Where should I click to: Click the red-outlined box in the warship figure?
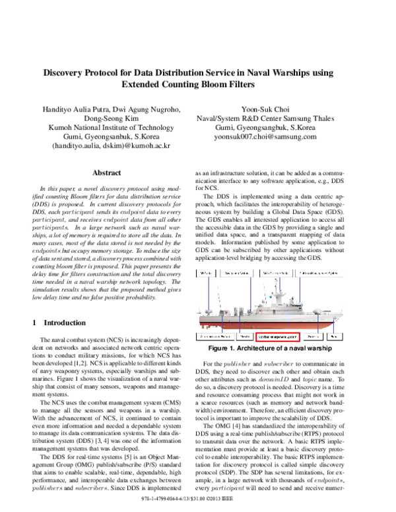click(278, 336)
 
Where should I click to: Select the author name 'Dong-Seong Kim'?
click(106, 117)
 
